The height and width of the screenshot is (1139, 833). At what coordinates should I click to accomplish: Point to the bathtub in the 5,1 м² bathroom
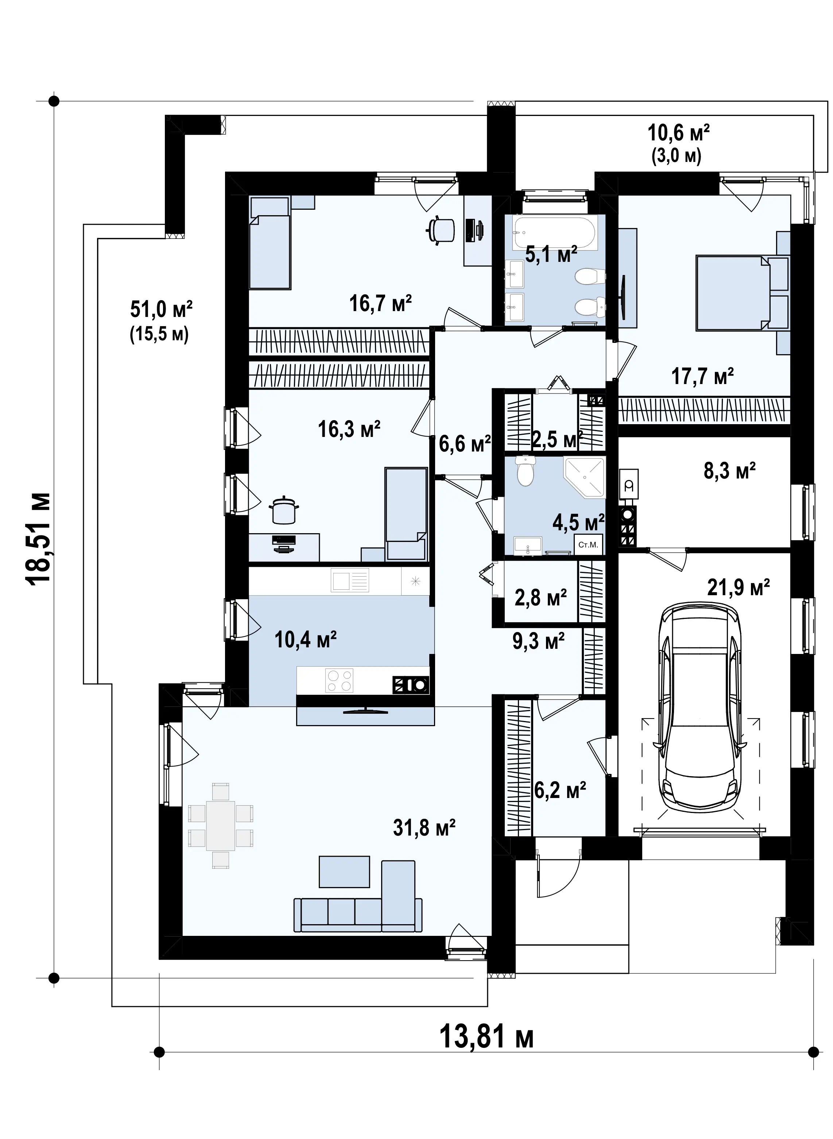pyautogui.click(x=554, y=233)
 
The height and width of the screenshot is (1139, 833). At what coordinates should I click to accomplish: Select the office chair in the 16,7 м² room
pyautogui.click(x=440, y=230)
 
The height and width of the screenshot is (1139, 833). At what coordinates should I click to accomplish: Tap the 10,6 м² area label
pyautogui.click(x=679, y=133)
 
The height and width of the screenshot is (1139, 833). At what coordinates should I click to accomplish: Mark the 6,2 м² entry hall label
pyautogui.click(x=560, y=790)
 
